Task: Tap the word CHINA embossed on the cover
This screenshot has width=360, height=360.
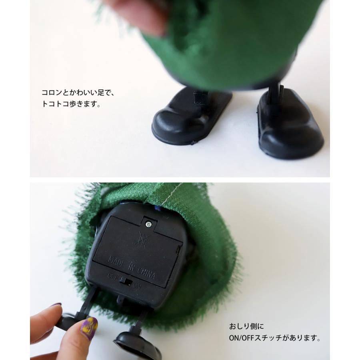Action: pos(146,273)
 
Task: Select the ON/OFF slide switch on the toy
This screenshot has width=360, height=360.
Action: pos(126,282)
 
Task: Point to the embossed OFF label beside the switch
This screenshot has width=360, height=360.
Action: pos(113,276)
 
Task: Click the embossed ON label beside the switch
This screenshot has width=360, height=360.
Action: pos(137,286)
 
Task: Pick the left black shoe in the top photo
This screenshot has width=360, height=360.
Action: pos(192,116)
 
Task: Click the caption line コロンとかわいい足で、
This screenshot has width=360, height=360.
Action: pos(78,93)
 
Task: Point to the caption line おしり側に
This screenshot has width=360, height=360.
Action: pos(246,326)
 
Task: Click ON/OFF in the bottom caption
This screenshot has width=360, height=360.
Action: pos(242,338)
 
